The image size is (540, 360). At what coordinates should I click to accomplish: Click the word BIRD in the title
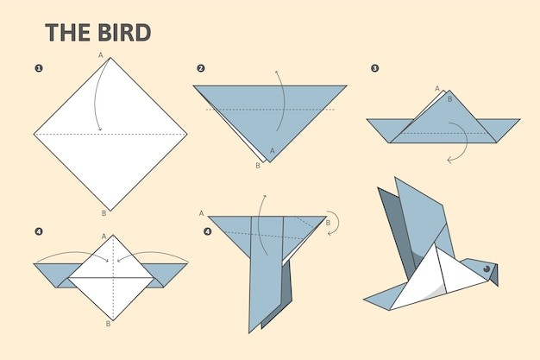(124, 33)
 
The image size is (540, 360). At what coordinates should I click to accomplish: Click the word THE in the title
(68, 33)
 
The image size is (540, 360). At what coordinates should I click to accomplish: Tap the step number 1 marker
(39, 68)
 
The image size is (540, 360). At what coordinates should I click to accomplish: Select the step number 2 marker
(201, 68)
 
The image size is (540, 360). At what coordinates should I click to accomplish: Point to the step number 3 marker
(375, 68)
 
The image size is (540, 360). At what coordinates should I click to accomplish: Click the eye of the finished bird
(486, 268)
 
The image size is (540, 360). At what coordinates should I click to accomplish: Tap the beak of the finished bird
(494, 275)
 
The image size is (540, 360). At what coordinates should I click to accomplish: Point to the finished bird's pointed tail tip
(365, 300)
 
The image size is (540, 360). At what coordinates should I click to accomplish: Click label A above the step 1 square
(101, 55)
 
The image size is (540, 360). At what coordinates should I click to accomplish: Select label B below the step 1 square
(104, 213)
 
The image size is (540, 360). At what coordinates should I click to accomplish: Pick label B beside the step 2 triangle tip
(258, 166)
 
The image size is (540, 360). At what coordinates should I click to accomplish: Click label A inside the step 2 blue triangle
(273, 151)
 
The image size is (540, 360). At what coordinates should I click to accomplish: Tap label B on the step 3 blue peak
(449, 99)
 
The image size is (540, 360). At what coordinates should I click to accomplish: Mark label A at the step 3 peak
(437, 89)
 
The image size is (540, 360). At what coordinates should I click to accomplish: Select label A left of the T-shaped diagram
(202, 213)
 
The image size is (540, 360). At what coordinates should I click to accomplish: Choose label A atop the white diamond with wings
(104, 237)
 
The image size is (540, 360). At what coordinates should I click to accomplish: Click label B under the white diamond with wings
(108, 324)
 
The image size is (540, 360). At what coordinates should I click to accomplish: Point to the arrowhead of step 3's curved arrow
(449, 160)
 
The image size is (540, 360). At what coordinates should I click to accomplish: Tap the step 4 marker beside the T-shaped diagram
(207, 231)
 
